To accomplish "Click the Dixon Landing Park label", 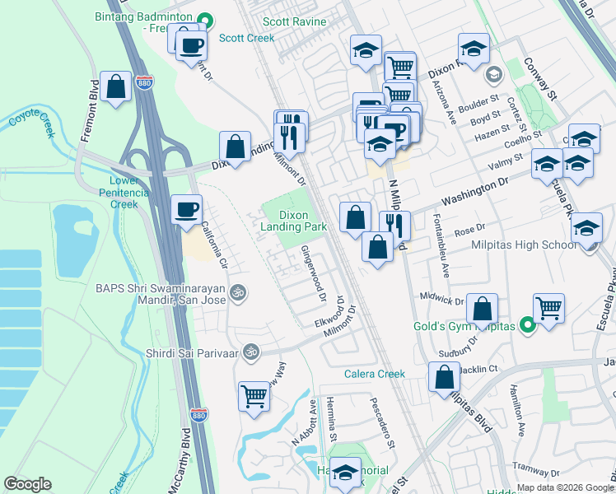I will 294,219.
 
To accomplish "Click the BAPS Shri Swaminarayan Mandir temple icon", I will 238,291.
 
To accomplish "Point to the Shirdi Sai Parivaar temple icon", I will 252,352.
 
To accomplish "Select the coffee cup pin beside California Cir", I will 187,209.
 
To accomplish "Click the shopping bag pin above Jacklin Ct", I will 444,377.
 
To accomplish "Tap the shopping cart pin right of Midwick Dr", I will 548,309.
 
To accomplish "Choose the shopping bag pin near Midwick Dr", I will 483,309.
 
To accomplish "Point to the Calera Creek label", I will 375,374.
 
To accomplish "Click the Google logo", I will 27,484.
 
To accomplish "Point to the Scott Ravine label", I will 295,22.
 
